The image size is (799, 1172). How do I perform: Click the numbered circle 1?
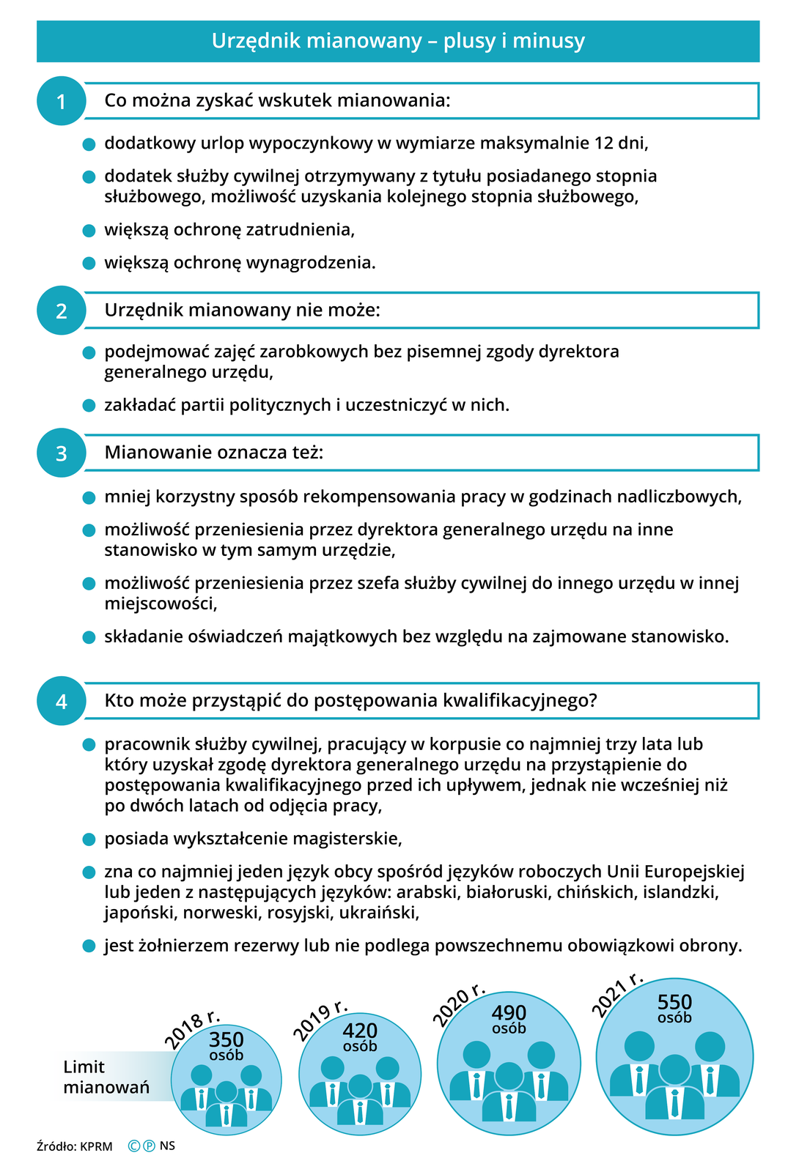pos(61,101)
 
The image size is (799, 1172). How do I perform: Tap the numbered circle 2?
pos(61,311)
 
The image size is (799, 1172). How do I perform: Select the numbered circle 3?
pos(61,453)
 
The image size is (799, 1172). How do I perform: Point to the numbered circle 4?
pos(61,701)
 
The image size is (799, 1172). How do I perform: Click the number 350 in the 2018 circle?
pos(227,1039)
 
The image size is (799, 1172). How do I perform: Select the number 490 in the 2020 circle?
pos(509,1012)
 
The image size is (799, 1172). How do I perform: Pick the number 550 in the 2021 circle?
pos(674,1001)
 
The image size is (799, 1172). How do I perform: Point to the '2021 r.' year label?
pos(617,994)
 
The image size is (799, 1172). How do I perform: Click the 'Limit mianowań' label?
pos(106,1077)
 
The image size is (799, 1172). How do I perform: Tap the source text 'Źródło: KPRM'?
pos(75,1146)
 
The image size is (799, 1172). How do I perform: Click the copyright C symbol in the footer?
pos(134,1146)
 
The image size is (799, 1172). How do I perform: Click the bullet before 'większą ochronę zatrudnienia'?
pos(89,230)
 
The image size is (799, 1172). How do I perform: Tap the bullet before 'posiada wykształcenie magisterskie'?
pos(89,839)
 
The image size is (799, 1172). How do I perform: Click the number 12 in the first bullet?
pos(604,143)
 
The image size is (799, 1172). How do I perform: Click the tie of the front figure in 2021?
pos(674,1102)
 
